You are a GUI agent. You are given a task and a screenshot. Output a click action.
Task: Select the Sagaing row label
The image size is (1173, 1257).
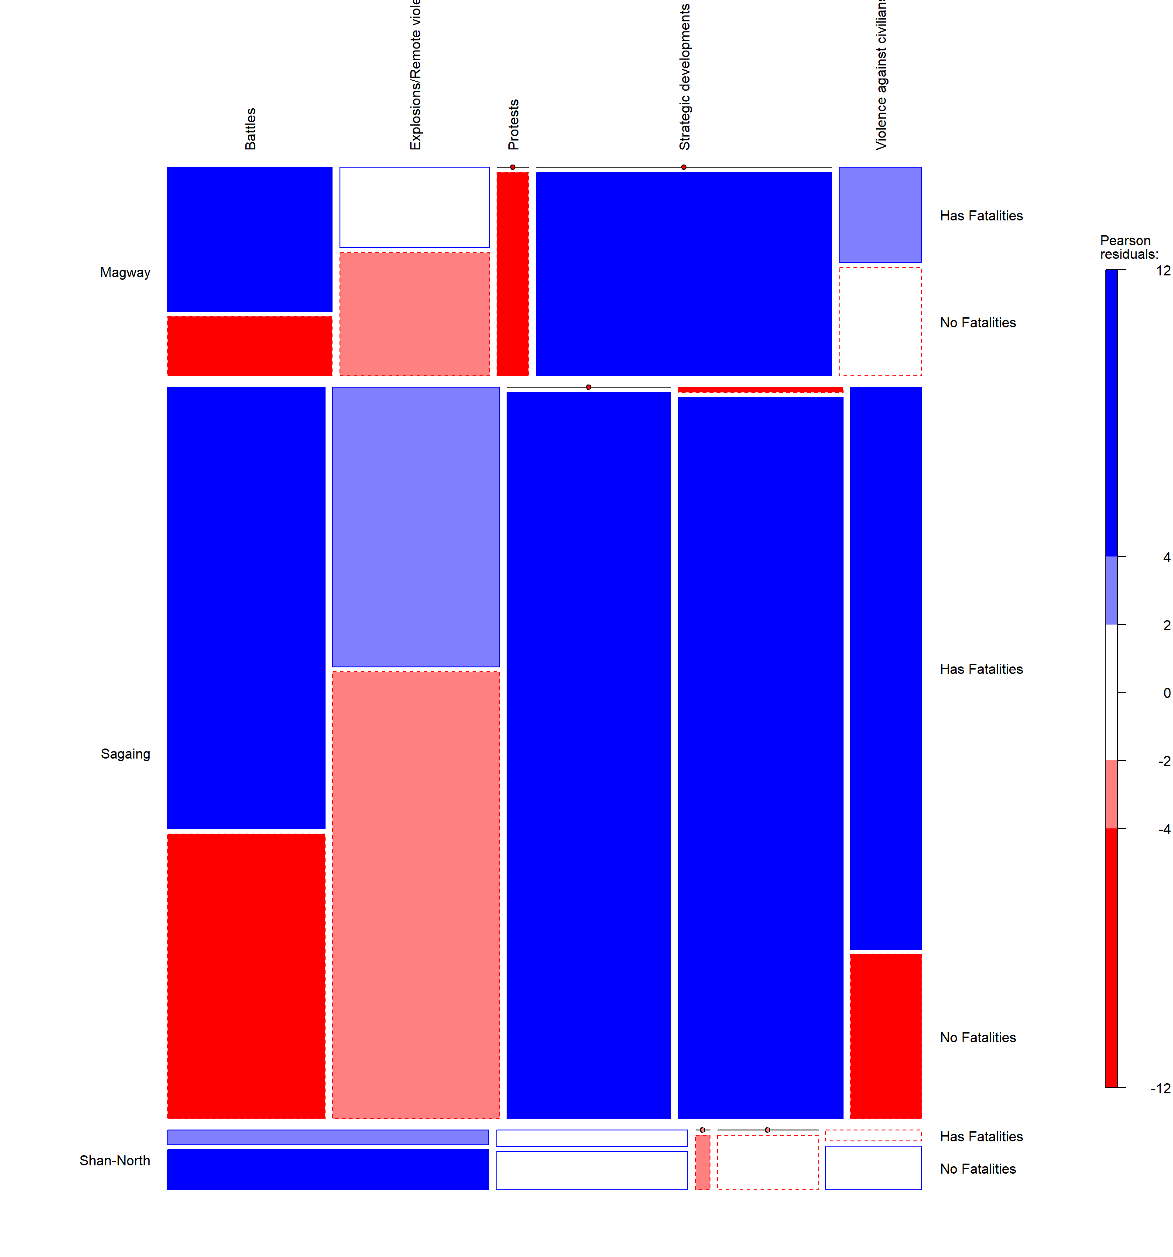click(x=125, y=754)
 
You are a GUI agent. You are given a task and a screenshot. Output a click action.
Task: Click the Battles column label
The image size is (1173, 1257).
click(x=250, y=128)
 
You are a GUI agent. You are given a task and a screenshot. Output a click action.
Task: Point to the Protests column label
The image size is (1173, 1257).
click(x=514, y=124)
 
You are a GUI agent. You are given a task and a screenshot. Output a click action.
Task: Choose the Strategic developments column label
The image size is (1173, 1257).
click(x=684, y=76)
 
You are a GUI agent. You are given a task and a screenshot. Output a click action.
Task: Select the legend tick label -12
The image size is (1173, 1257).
click(x=1160, y=1088)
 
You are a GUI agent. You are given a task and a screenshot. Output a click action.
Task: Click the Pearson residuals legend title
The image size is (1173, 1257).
click(x=1129, y=247)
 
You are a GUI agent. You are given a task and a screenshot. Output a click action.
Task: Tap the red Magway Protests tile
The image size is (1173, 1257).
click(x=512, y=273)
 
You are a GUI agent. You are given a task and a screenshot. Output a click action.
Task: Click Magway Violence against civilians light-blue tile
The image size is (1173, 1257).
click(x=880, y=214)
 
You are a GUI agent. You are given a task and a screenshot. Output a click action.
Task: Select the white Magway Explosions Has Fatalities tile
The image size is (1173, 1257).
click(x=414, y=207)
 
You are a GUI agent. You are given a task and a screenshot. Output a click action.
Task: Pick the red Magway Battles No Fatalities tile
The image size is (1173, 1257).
click(x=249, y=346)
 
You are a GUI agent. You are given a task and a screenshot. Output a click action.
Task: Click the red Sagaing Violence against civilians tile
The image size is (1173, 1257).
click(x=885, y=1036)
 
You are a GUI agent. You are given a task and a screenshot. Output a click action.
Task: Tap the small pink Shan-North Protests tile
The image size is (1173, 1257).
click(x=702, y=1162)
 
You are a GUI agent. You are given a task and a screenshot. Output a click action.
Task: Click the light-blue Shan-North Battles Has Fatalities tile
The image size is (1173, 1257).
click(x=328, y=1137)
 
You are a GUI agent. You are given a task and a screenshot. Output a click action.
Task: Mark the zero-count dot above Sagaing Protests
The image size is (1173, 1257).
click(x=588, y=387)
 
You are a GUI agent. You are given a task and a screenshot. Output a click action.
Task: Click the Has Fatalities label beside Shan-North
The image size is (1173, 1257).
click(x=981, y=1136)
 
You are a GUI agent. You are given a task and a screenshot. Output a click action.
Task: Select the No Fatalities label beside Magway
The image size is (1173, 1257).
click(x=977, y=323)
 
